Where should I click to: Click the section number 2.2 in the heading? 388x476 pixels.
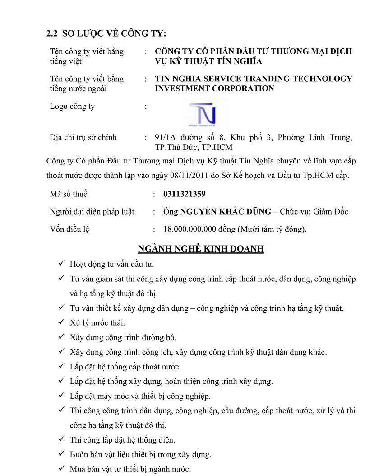click(x=52, y=34)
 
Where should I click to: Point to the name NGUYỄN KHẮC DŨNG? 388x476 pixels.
click(x=226, y=211)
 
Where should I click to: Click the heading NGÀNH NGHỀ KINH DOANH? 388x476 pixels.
click(x=200, y=249)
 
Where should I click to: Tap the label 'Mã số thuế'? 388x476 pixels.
click(x=69, y=194)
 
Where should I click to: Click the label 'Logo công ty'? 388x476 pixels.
click(x=72, y=107)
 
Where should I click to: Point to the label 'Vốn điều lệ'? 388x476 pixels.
click(x=69, y=229)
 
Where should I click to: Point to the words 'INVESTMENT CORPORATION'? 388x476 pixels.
click(x=214, y=89)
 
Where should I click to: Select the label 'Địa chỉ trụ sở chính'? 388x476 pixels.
click(x=83, y=137)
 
